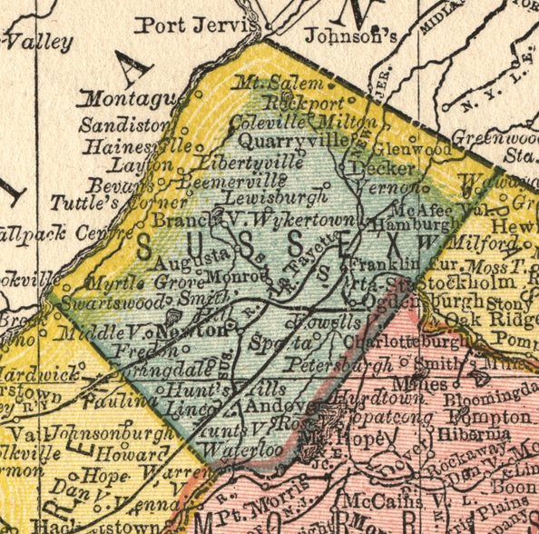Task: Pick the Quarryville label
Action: point(294,141)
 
